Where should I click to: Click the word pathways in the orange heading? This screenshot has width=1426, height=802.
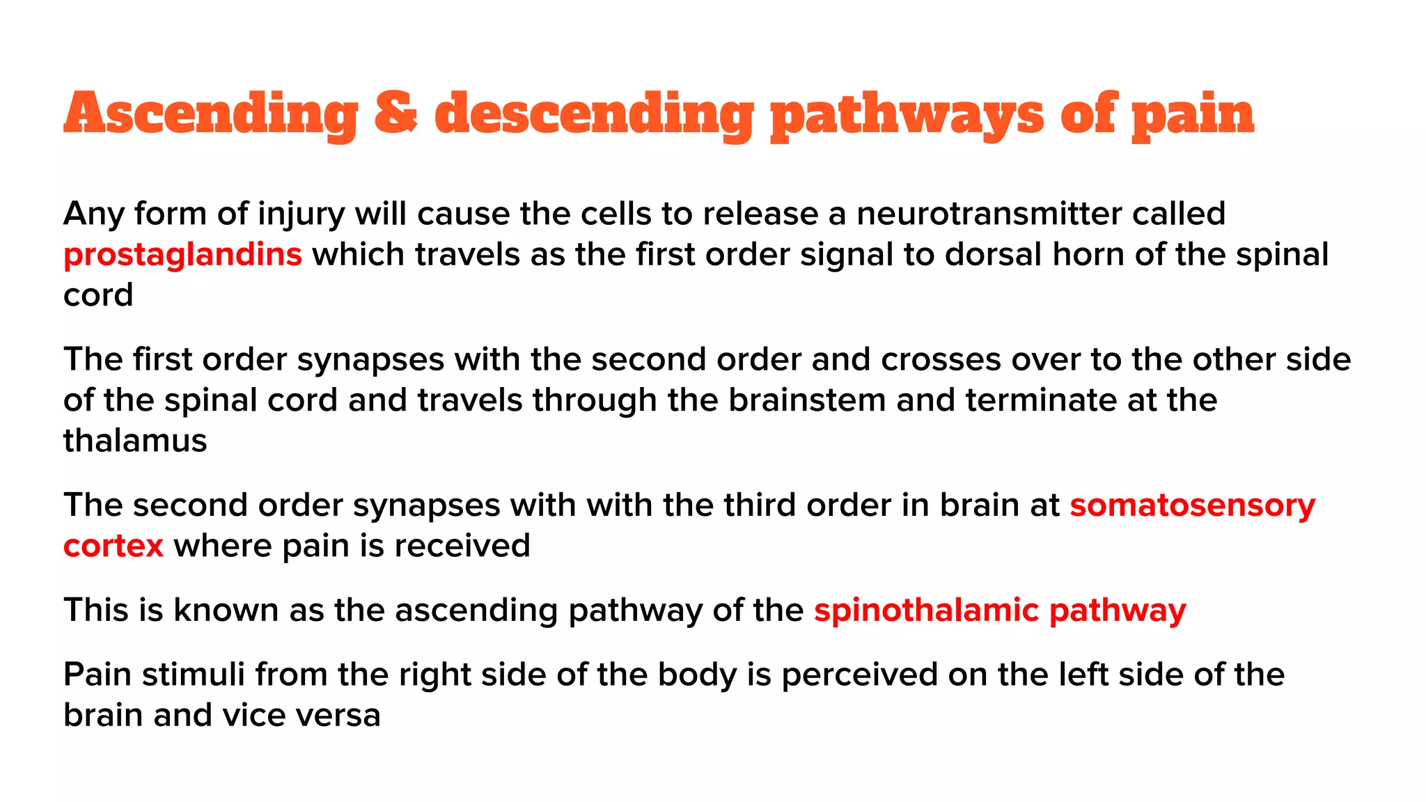tap(907, 115)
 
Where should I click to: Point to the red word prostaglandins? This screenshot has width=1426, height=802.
tap(182, 255)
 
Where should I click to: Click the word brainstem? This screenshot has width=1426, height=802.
tap(806, 400)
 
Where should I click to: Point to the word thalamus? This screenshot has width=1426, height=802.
tap(135, 441)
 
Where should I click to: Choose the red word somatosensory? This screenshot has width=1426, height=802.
tap(1192, 506)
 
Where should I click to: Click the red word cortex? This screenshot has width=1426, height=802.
tap(113, 547)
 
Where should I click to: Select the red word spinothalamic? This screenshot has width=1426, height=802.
tap(926, 611)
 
